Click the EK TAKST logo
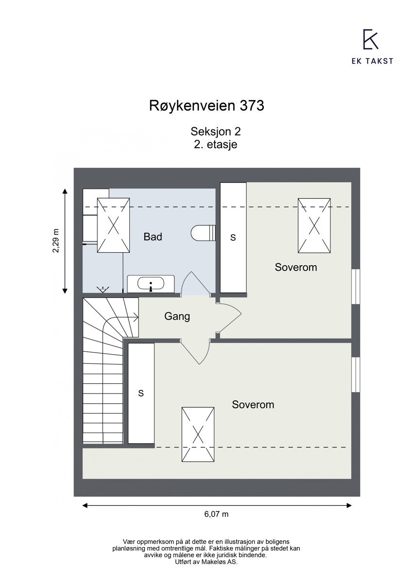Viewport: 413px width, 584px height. [x=371, y=47]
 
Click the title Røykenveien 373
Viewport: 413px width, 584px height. [x=206, y=105]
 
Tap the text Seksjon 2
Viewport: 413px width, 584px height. [x=216, y=131]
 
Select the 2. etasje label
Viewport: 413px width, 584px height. [x=215, y=144]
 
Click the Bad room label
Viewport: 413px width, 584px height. [x=153, y=237]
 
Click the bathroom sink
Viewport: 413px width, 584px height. [x=151, y=283]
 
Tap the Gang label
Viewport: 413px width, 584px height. [x=177, y=317]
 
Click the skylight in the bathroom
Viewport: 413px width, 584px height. [x=113, y=225]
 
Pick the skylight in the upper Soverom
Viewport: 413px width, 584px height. [x=314, y=225]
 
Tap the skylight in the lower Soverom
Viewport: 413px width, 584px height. [x=198, y=434]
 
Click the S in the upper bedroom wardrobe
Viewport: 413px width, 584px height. [x=233, y=238]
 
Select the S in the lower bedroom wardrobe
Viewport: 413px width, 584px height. [x=141, y=393]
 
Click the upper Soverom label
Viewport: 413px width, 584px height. [x=295, y=267]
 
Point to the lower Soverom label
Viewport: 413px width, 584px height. [x=253, y=405]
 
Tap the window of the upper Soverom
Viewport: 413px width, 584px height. [x=356, y=287]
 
